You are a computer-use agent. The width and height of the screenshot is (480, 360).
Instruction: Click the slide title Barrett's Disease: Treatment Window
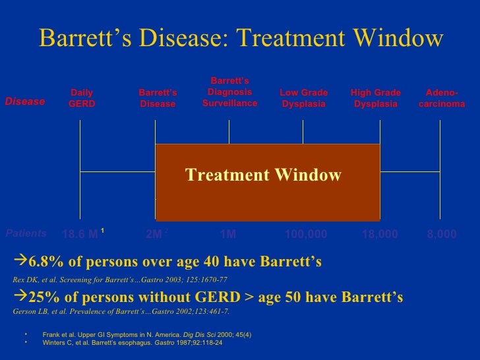(x=241, y=38)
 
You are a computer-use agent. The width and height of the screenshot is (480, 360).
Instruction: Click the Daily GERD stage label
(x=82, y=99)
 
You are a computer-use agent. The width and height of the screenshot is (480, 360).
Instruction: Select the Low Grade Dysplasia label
(x=303, y=99)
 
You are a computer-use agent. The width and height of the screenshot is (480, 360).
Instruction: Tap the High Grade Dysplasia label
(x=375, y=99)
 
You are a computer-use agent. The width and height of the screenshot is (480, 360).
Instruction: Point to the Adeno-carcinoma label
(x=442, y=99)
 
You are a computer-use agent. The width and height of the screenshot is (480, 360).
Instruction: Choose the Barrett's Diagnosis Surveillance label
(x=229, y=92)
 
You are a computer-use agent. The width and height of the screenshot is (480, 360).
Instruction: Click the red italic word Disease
(x=25, y=102)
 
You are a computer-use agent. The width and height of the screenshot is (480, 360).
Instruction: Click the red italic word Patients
(x=26, y=233)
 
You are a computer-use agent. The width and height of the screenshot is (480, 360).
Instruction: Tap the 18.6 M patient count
(x=79, y=234)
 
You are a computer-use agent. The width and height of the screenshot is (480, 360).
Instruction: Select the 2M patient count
(x=156, y=234)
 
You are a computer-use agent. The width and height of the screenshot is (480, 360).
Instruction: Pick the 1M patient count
(x=227, y=234)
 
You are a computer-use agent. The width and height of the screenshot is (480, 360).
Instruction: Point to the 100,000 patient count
(x=305, y=234)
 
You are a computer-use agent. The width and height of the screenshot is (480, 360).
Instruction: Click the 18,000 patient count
(x=380, y=234)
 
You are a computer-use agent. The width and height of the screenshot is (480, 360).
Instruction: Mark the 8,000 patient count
(x=441, y=234)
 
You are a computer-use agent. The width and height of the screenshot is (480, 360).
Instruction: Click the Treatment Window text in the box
(x=263, y=175)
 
